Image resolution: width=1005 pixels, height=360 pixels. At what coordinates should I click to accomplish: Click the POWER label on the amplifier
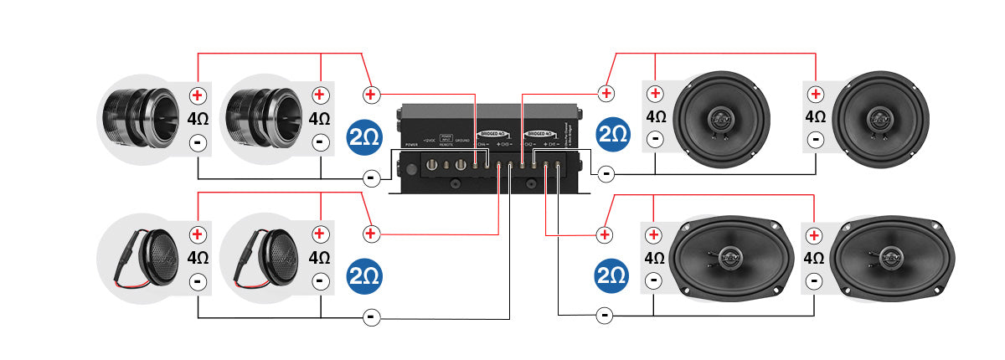[410, 145]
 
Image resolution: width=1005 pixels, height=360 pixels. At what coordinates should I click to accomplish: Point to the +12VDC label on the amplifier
[430, 140]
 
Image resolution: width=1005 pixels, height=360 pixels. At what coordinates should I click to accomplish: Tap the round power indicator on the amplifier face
[410, 168]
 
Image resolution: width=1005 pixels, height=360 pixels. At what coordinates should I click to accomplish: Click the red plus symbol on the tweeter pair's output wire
[371, 233]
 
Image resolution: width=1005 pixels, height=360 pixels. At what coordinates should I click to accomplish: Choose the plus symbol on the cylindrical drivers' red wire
[371, 93]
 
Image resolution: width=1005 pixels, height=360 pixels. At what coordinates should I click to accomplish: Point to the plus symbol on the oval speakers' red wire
[604, 233]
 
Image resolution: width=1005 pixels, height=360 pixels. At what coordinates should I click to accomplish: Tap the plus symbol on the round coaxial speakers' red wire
[606, 92]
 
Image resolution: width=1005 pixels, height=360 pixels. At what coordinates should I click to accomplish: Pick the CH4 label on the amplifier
[483, 144]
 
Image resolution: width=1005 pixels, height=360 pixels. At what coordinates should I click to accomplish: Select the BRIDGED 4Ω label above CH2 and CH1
[540, 133]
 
